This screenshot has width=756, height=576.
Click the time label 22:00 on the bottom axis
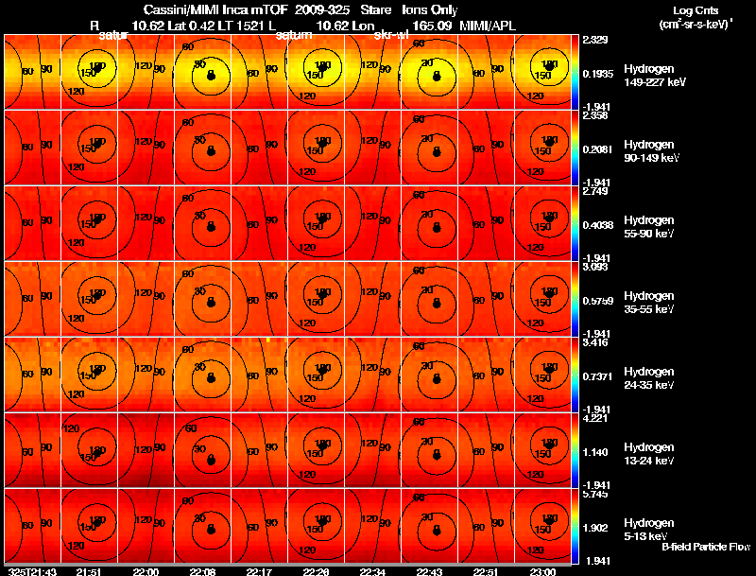146,571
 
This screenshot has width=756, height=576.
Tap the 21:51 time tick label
89,571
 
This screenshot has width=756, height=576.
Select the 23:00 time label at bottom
542,571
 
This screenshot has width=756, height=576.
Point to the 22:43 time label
429,571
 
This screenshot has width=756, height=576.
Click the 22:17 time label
259,571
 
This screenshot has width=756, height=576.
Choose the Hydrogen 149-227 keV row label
654,76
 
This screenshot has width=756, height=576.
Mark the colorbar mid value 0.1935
599,73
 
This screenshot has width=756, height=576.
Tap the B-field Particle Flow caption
705,547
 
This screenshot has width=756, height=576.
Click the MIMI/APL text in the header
488,26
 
